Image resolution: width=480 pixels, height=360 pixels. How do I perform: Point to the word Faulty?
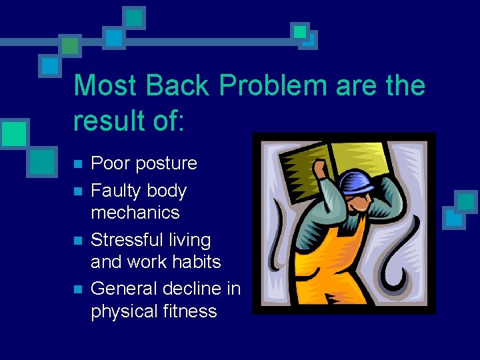[115, 191]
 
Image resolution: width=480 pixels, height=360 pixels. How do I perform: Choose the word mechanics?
[135, 213]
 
